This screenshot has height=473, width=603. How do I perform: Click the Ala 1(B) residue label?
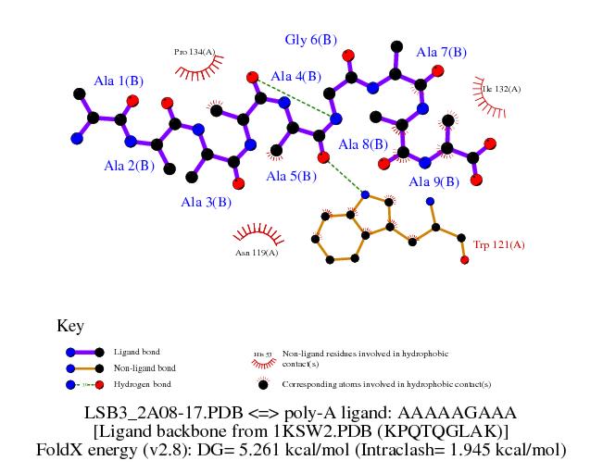click(x=119, y=81)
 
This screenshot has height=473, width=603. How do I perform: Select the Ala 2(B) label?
click(x=128, y=166)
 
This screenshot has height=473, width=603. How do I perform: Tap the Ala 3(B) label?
click(x=206, y=202)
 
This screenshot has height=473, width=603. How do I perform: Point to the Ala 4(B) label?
click(x=296, y=76)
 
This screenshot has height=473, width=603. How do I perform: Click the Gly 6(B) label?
click(x=310, y=40)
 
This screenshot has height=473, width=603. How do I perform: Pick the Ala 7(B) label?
click(x=442, y=52)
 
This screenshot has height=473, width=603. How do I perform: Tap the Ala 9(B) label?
click(x=433, y=181)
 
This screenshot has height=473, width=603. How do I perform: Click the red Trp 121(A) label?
click(x=499, y=244)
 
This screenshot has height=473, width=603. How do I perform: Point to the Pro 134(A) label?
click(x=195, y=52)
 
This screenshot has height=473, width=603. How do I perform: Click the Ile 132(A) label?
click(x=501, y=89)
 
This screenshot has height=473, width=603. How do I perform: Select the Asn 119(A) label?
click(x=257, y=251)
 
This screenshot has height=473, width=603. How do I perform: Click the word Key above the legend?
click(x=70, y=326)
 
